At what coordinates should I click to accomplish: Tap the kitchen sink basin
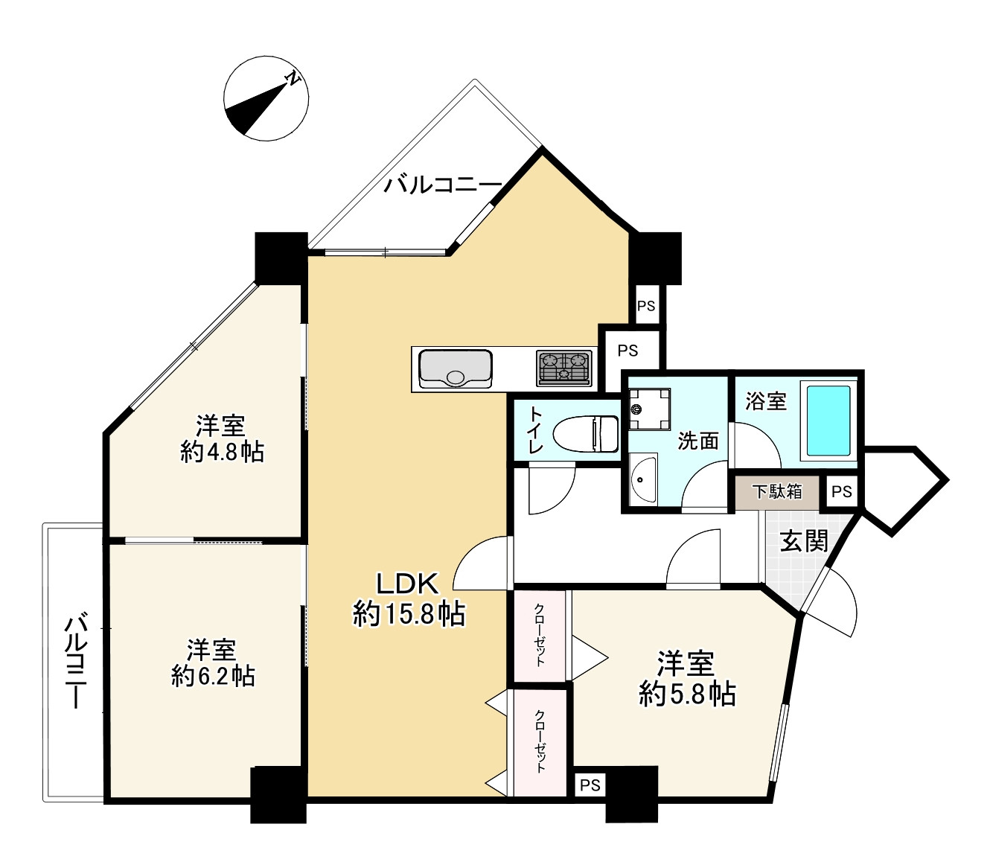(456, 368)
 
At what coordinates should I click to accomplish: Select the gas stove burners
(563, 368)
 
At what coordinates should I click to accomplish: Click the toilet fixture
(586, 433)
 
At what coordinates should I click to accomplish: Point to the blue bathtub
(828, 420)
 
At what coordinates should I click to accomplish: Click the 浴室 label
(765, 400)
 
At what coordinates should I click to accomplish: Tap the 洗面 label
(697, 441)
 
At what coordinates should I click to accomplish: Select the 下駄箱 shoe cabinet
(778, 492)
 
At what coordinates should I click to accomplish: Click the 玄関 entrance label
(804, 541)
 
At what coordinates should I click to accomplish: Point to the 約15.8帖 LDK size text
(409, 614)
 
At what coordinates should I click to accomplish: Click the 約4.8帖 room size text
(222, 453)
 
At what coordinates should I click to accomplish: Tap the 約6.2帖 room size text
(213, 676)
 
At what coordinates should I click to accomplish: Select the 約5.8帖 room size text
(687, 694)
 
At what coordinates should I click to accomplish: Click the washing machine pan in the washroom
(650, 409)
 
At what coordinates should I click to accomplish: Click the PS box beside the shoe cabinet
(841, 492)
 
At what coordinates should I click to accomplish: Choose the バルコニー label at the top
(443, 185)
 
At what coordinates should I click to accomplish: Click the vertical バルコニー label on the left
(76, 660)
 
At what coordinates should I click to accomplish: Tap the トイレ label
(536, 430)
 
